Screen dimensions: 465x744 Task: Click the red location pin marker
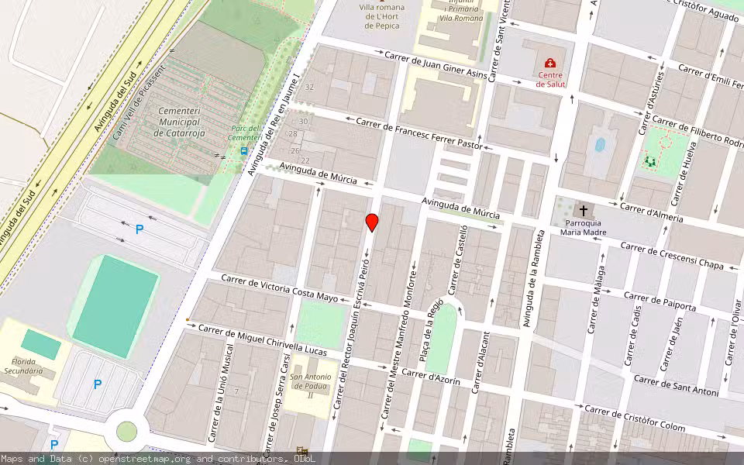(372, 222)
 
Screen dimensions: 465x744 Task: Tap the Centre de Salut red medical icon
(550, 64)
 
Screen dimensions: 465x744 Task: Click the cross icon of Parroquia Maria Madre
(583, 211)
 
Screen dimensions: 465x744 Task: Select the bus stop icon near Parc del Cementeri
(244, 151)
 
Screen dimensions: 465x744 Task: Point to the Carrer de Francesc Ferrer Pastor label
(419, 133)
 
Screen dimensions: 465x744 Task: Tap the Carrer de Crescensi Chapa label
(672, 257)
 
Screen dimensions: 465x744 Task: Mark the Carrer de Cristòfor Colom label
(635, 419)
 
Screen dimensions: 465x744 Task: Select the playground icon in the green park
(649, 162)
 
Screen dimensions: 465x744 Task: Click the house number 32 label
(309, 88)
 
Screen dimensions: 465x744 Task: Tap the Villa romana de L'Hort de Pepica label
(381, 16)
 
